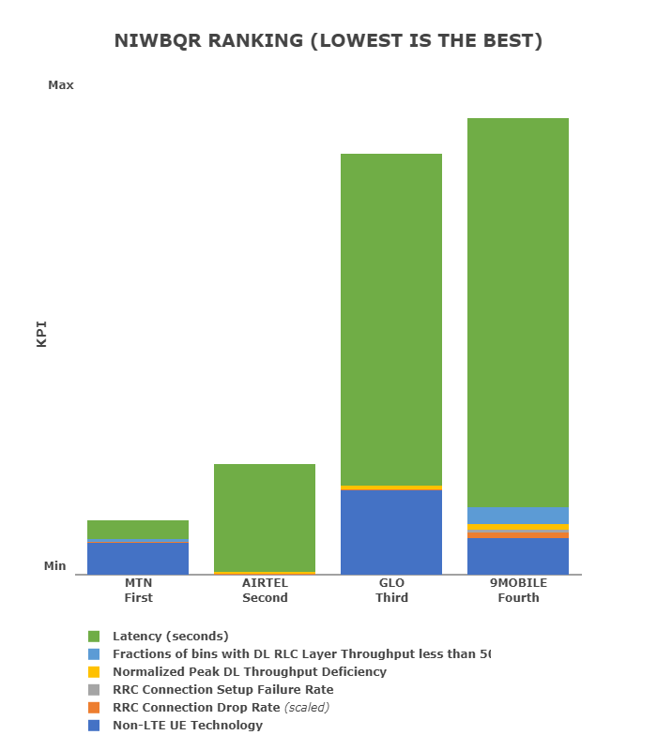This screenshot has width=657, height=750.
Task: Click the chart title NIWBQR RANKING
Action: coord(328,41)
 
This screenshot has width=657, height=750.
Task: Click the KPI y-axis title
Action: coord(41,335)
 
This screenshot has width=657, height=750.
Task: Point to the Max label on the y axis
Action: coord(61,85)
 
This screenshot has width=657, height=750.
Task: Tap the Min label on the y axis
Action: coord(55,566)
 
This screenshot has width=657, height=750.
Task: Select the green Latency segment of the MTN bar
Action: coord(138,530)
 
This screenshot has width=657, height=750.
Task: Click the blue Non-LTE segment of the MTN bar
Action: coord(138,559)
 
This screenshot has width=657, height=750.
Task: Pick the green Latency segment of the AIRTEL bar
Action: coord(265,517)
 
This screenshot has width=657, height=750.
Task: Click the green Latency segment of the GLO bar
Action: coord(391,319)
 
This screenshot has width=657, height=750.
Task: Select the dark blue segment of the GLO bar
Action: coord(391,532)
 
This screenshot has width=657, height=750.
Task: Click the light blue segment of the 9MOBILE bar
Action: coord(518,516)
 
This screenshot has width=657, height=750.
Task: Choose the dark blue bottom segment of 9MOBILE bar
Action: coord(518,556)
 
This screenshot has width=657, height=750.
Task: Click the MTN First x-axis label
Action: coord(138,590)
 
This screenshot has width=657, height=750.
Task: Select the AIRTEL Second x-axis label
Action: coord(265,590)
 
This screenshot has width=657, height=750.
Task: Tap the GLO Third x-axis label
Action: coord(391,590)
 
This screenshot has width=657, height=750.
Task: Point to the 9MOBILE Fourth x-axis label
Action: coord(518,590)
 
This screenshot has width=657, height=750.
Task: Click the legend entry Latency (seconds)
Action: coord(170,636)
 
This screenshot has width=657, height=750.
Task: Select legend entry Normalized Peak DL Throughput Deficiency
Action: coord(249,671)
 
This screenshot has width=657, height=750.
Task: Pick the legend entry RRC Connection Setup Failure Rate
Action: coord(222,689)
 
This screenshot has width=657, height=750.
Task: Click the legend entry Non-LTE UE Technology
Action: coord(187,725)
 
